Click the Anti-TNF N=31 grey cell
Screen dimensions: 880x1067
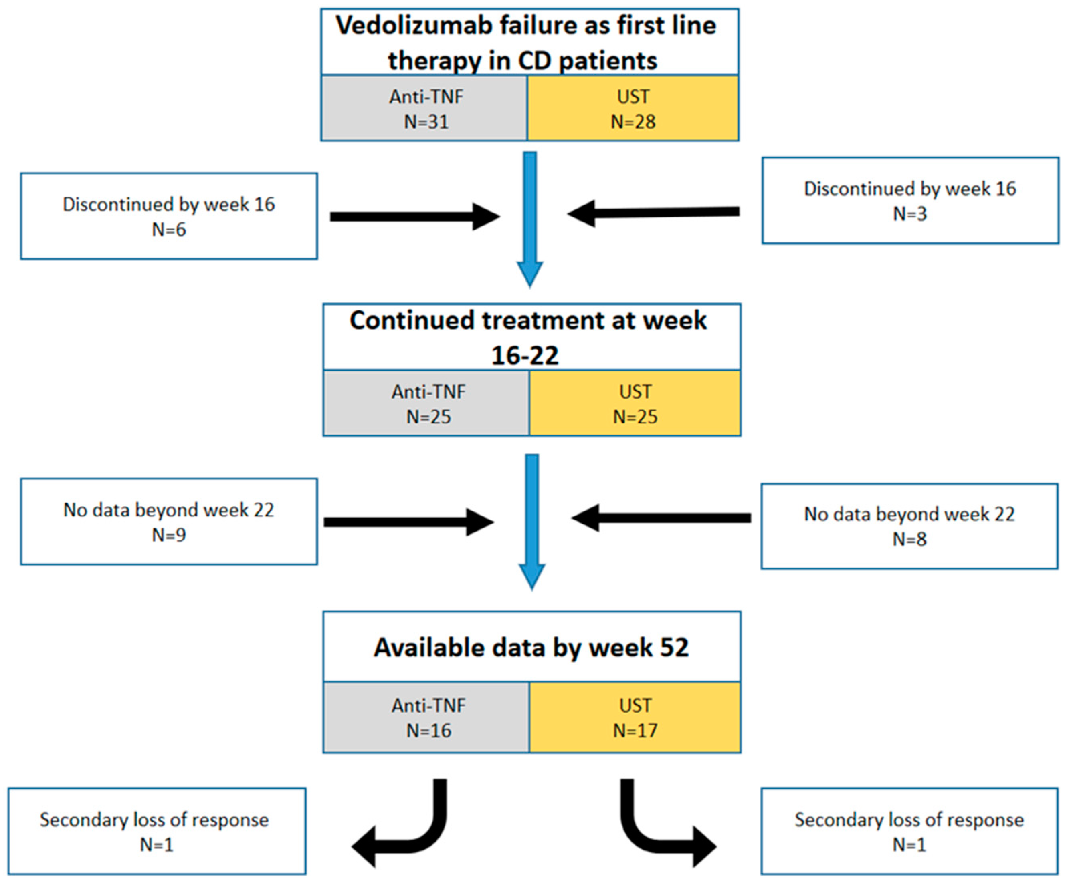coord(425,109)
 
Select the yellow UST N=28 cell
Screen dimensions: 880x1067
coord(633,109)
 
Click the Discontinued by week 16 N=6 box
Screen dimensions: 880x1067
coord(169,216)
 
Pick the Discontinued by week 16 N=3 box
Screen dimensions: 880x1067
coord(910,200)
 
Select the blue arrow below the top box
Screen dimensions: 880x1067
coord(529,218)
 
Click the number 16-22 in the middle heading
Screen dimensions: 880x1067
coord(525,355)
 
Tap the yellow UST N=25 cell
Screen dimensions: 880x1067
coord(635,403)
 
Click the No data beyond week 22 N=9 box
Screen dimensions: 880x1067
coord(169,522)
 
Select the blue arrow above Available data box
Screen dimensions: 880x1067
coord(531,520)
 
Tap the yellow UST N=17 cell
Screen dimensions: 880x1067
coord(635,717)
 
